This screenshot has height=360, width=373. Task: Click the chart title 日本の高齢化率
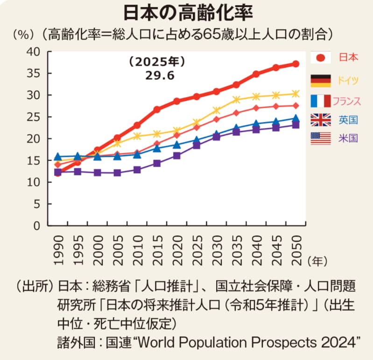coord(187,13)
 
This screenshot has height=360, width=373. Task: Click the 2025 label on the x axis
coord(197,248)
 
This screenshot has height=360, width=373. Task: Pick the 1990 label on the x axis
coord(58,248)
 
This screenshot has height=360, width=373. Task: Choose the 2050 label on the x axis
coord(296,248)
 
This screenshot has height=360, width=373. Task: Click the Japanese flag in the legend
coord(320,57)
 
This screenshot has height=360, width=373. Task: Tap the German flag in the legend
coord(320,80)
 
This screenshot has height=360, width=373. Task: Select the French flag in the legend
coord(320,100)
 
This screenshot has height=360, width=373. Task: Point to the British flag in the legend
coord(320,120)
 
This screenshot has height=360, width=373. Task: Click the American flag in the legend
coord(320,138)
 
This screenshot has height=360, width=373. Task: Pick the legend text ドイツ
coord(348,80)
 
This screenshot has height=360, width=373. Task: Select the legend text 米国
coord(348,138)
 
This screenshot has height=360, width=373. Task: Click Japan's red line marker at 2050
coord(296,64)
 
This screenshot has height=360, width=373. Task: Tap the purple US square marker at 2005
coord(117,173)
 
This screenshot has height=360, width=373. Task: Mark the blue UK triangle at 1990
coord(58,157)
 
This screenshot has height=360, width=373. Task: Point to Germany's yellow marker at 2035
coord(236,99)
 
